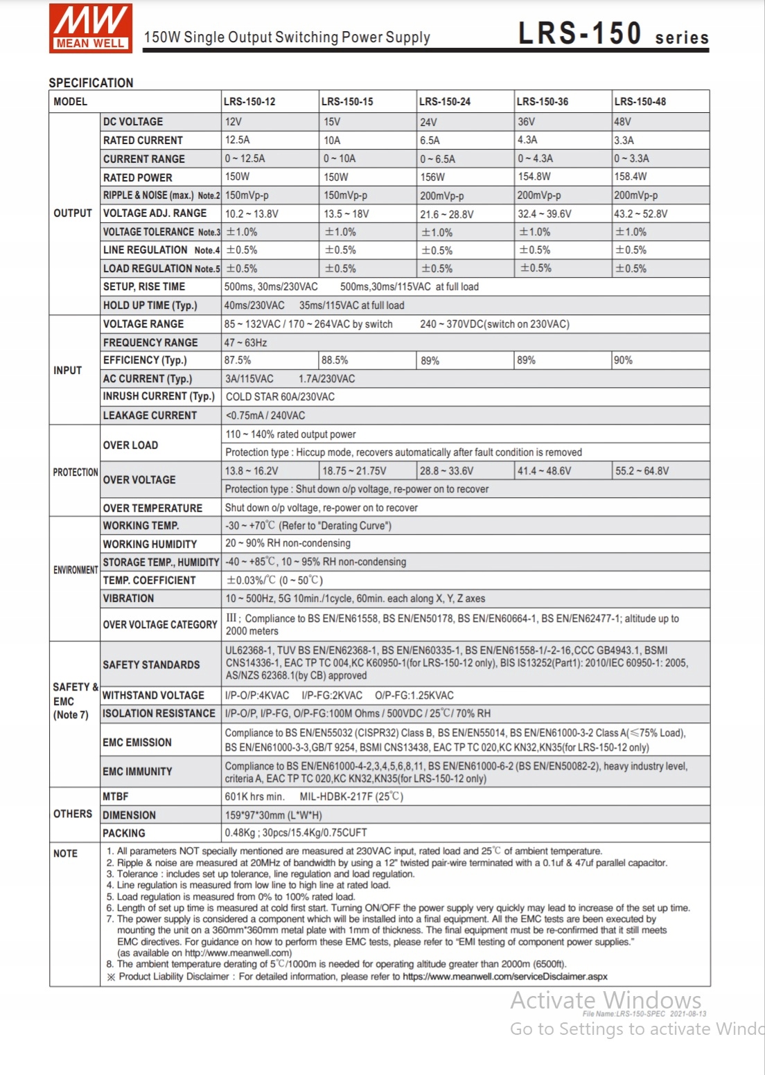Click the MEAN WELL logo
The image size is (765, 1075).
(91, 28)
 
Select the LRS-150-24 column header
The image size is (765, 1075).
(445, 102)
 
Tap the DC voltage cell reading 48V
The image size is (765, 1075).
(623, 122)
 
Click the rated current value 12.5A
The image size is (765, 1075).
(238, 140)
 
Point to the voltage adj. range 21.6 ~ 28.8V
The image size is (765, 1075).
(447, 214)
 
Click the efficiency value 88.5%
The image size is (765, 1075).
(335, 360)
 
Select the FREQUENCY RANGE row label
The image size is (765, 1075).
(150, 342)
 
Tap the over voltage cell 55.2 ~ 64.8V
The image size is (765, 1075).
(642, 471)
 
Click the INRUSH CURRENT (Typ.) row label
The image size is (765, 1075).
(159, 396)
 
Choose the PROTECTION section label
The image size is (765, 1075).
(76, 472)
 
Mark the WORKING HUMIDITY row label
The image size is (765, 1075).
(150, 544)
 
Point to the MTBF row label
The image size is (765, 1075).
(116, 797)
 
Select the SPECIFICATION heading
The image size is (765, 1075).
(91, 82)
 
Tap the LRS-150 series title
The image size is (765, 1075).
(613, 34)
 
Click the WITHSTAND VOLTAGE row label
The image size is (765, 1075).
(153, 695)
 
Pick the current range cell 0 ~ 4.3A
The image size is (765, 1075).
(536, 159)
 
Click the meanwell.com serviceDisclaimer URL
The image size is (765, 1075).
(504, 977)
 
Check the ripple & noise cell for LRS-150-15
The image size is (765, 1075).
(346, 195)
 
